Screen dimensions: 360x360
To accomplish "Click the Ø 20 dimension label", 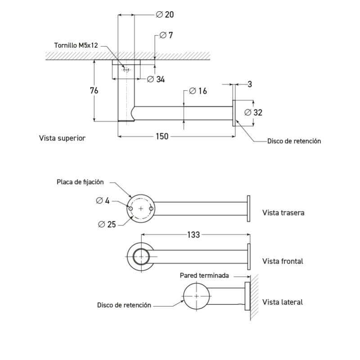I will coord(165,14).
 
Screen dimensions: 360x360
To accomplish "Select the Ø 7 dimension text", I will coord(167,35).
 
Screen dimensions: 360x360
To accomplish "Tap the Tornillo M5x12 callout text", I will coord(76,45).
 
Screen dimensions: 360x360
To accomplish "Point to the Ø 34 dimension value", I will coord(156,79).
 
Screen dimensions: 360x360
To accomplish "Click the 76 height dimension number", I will coord(94,90).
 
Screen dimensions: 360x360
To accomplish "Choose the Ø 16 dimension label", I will coord(198,91).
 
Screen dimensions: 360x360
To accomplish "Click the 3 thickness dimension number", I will coord(249,84).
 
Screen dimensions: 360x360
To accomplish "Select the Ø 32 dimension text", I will coord(253,112).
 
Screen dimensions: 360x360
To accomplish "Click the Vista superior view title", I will coord(62,138).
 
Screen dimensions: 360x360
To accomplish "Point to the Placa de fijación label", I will coord(80,182).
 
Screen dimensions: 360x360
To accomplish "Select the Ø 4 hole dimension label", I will coord(103,201).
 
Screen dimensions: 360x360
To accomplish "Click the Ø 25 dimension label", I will coord(106,224).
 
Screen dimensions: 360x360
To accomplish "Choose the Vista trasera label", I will coord(283,212).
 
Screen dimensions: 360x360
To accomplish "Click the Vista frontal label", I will coord(283,261).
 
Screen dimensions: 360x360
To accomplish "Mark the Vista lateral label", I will coord(282,302).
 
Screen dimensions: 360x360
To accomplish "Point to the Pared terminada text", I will coord(204,275).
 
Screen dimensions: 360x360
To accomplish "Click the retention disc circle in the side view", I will coord(197,297).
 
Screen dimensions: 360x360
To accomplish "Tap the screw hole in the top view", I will coord(126,70).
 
